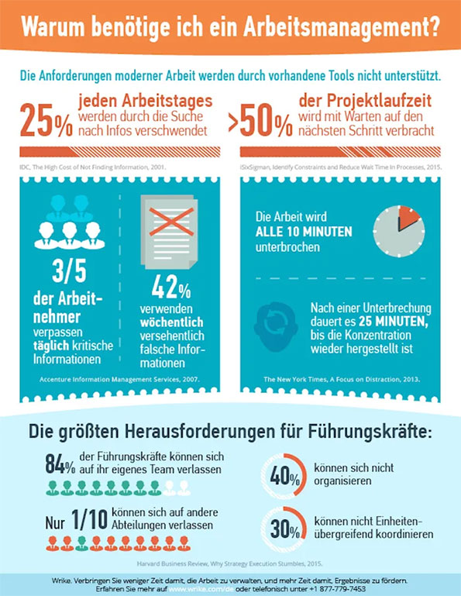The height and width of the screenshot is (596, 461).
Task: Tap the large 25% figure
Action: point(46,121)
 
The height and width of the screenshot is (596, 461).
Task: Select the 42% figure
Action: point(170,289)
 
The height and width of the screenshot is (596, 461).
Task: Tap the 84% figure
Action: point(60,465)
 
